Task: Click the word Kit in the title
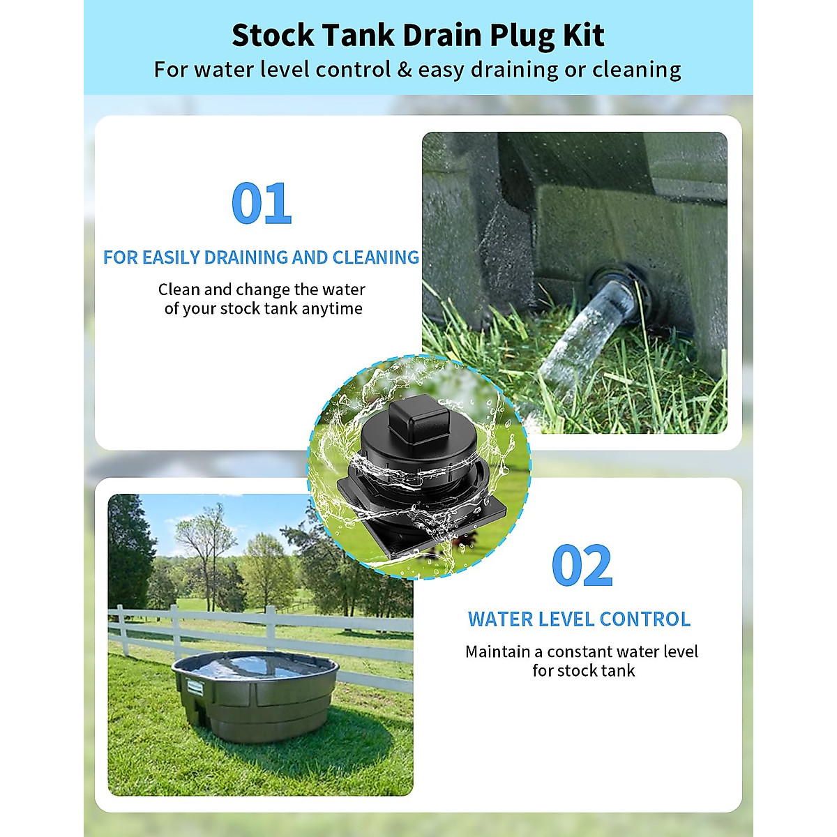pos(585,35)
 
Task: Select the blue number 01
pos(261,203)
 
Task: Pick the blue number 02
pos(582,566)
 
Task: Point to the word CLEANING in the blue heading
pos(376,257)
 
